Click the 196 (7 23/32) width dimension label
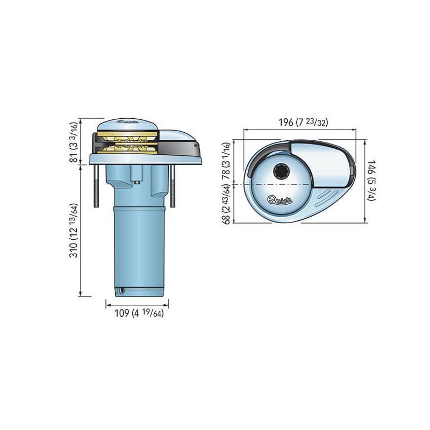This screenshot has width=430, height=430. (x=303, y=122)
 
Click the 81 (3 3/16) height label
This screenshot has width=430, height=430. (x=74, y=142)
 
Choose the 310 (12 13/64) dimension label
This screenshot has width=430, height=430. (x=74, y=231)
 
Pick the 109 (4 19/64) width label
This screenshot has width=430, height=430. (x=139, y=313)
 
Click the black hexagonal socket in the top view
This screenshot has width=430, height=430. (x=281, y=171)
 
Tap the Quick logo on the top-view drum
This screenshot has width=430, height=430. (x=279, y=199)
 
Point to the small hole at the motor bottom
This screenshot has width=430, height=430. (x=121, y=290)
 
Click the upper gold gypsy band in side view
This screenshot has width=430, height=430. (x=127, y=135)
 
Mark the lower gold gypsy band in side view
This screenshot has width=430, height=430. (x=127, y=149)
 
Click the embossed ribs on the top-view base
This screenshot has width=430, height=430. (x=326, y=197)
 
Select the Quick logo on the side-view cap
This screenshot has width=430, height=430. (x=127, y=122)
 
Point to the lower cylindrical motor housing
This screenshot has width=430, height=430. (x=139, y=252)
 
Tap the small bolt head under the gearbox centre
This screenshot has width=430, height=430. (x=137, y=182)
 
